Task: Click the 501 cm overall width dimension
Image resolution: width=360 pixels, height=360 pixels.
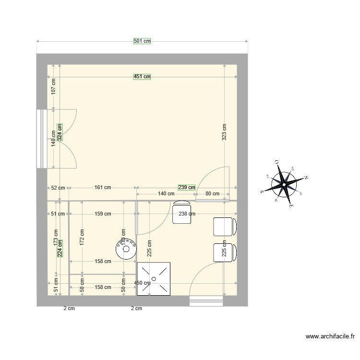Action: [x=142, y=41]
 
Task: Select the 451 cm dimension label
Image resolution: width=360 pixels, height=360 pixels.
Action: [x=142, y=76]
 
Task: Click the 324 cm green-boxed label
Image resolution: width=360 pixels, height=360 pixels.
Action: [x=60, y=132]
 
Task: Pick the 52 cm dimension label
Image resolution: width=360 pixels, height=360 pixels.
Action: [x=58, y=188]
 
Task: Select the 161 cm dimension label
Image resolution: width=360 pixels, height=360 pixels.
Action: [x=101, y=188]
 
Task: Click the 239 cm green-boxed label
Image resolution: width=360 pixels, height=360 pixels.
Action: [x=187, y=187]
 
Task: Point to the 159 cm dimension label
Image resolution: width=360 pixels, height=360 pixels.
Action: [x=102, y=214]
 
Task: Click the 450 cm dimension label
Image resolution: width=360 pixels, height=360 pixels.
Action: [x=142, y=283]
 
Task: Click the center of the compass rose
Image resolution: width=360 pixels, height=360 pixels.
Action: [x=284, y=183]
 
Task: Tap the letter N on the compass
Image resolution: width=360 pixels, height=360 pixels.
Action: [x=306, y=178]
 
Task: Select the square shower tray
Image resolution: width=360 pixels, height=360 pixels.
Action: [x=154, y=278]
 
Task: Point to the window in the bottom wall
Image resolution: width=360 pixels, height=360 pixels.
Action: [x=206, y=301]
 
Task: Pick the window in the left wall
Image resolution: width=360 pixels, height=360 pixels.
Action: [x=41, y=139]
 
